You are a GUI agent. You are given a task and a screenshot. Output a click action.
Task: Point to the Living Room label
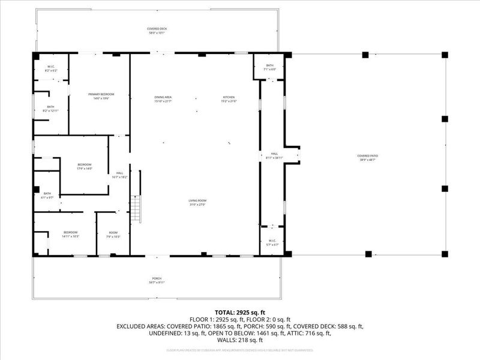(197, 202)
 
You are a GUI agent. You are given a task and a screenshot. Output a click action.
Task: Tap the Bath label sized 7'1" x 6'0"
(270, 67)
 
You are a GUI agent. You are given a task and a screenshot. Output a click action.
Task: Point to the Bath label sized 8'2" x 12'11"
(50, 109)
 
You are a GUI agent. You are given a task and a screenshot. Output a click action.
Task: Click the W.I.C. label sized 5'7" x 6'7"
(272, 242)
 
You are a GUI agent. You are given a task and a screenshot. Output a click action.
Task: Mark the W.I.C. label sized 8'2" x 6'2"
(50, 68)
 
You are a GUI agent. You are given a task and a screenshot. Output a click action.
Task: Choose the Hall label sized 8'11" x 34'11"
(274, 155)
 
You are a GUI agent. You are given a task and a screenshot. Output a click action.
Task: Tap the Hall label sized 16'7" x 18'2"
(119, 175)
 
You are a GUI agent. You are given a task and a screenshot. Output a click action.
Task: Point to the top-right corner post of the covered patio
(445, 55)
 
